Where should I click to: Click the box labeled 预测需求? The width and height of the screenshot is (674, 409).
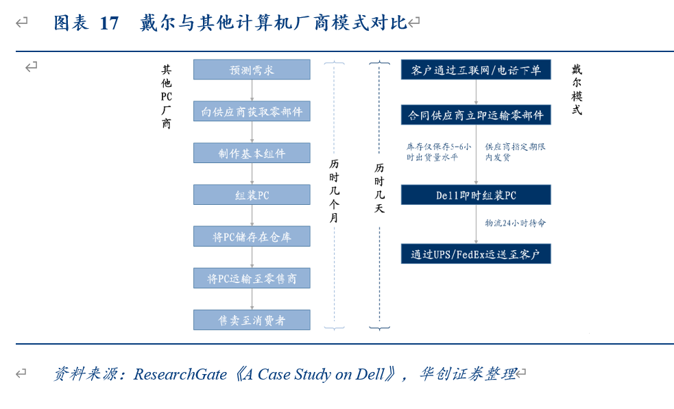(252, 70)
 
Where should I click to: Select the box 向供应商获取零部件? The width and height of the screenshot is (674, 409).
(252, 112)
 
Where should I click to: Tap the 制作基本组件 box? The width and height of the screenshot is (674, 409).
(252, 153)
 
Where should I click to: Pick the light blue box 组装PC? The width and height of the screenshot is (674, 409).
(252, 195)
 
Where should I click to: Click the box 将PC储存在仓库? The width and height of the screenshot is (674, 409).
(252, 237)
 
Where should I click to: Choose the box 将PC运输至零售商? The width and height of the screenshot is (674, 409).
(252, 278)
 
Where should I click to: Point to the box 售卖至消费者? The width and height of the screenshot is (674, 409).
(252, 320)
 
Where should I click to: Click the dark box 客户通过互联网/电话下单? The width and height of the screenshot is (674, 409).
(476, 70)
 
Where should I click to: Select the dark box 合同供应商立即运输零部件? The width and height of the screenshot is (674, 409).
(476, 114)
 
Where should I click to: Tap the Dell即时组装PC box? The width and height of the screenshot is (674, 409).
(476, 195)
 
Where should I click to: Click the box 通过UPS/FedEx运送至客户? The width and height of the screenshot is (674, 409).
(476, 254)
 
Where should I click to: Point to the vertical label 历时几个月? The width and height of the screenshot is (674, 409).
(334, 190)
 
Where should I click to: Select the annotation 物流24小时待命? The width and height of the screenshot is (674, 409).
(515, 223)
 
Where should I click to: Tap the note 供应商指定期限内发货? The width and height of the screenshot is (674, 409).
(515, 151)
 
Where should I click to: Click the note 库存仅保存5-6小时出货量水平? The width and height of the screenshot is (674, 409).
(438, 151)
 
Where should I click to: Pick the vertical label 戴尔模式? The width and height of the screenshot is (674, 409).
(577, 90)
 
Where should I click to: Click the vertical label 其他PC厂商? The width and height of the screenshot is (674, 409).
(167, 97)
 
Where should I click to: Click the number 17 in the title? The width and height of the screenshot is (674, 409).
(109, 23)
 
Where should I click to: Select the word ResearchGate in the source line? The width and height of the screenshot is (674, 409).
(180, 374)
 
